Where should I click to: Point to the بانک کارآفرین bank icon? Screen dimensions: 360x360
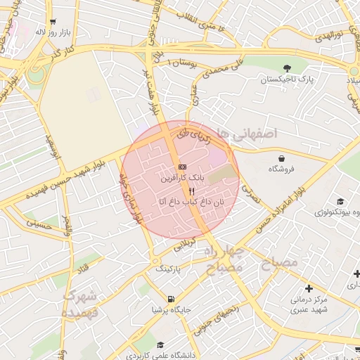click(182, 167)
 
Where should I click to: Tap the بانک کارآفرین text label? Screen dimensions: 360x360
click(182, 179)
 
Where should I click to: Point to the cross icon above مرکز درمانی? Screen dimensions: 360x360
click(309, 288)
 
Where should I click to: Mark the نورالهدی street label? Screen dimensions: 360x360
click(327, 34)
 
